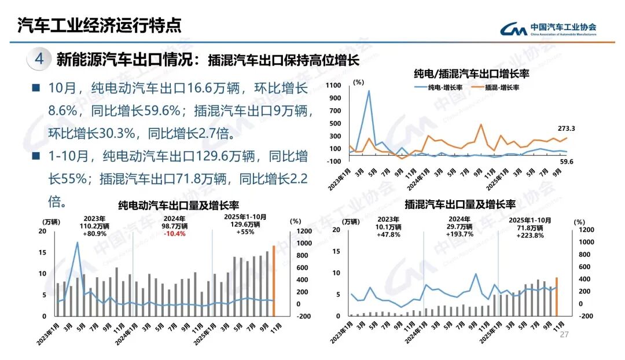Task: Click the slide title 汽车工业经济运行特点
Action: (99, 25)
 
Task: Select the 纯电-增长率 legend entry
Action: (437, 87)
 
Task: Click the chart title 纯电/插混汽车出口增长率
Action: (472, 74)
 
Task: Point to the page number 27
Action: (565, 335)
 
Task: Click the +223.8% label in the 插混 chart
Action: (530, 235)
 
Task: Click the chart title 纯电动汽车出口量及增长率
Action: (179, 205)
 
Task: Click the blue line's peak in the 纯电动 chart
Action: (77, 243)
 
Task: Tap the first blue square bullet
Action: (35, 89)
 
